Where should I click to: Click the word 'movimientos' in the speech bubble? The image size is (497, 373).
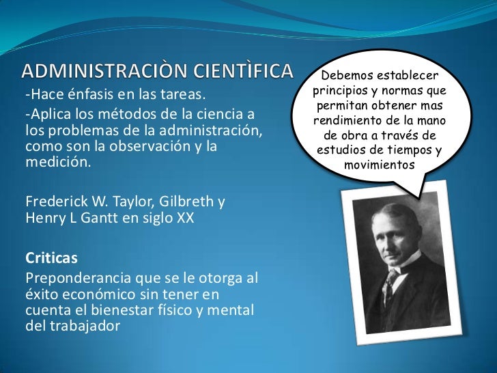tap(379, 165)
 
